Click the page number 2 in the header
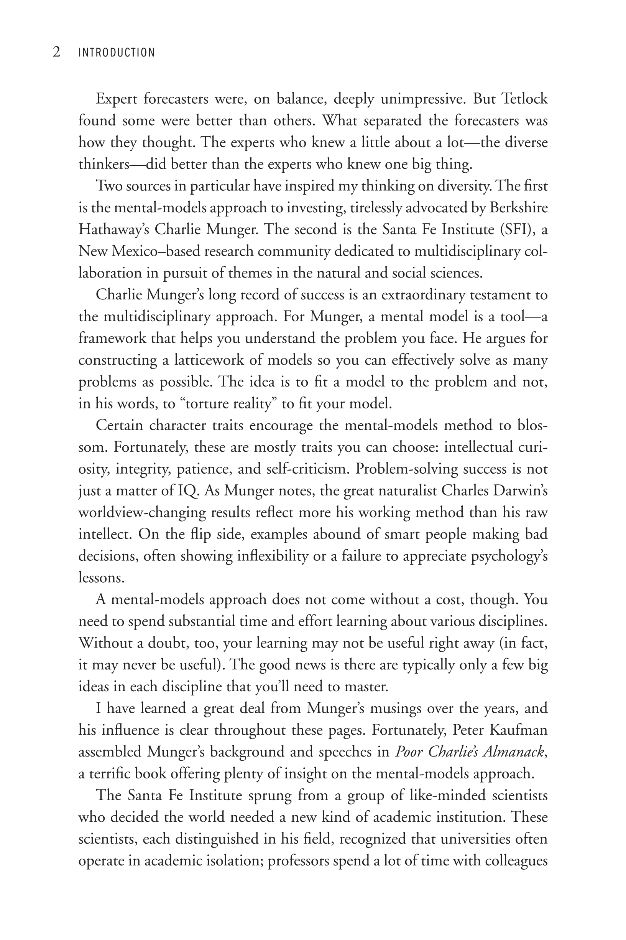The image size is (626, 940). pyautogui.click(x=56, y=52)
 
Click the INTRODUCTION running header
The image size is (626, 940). pyautogui.click(x=116, y=53)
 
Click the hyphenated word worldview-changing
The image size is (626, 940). pyautogui.click(x=142, y=513)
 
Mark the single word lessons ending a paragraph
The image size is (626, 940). pyautogui.click(x=102, y=578)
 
